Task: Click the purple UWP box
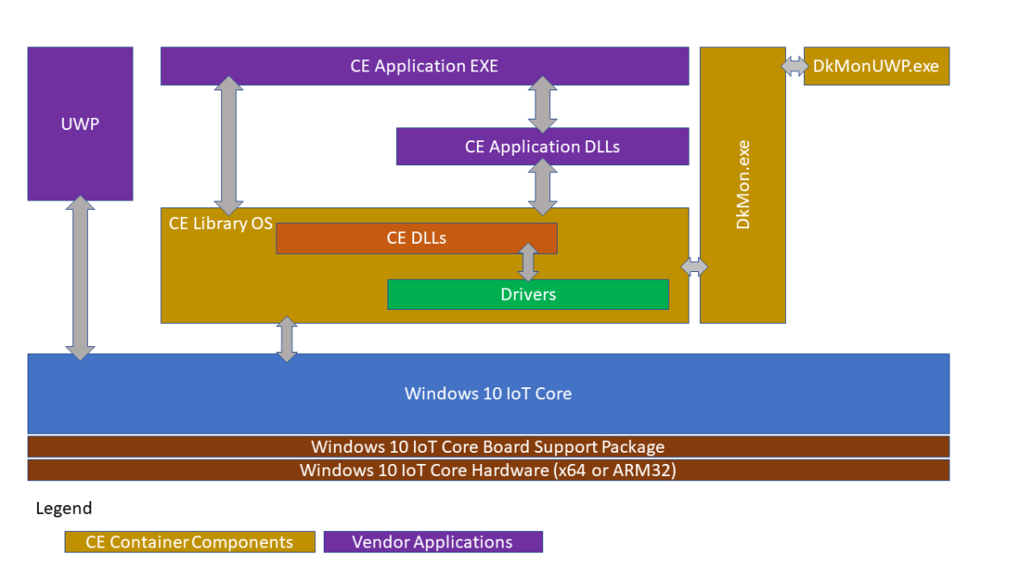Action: click(x=80, y=123)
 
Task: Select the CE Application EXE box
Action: click(x=424, y=66)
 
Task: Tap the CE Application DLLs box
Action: click(x=542, y=146)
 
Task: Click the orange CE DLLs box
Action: click(x=417, y=238)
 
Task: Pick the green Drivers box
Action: click(x=528, y=294)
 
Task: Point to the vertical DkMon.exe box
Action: click(x=742, y=185)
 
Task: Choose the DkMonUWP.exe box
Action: click(x=876, y=66)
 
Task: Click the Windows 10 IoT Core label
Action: click(x=488, y=393)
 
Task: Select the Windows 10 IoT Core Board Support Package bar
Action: click(x=488, y=447)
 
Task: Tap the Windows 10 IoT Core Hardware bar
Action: click(x=488, y=470)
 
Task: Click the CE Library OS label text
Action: click(x=220, y=224)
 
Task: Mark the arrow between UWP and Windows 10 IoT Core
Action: click(x=80, y=277)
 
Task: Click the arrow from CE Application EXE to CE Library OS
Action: click(x=228, y=145)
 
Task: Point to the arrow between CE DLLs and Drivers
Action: click(x=528, y=262)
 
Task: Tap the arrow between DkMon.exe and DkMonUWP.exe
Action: click(x=795, y=66)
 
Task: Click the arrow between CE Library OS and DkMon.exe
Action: click(x=694, y=267)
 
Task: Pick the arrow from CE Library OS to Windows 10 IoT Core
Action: click(x=287, y=338)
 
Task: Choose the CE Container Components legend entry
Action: click(x=189, y=542)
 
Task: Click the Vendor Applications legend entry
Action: click(x=433, y=542)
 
